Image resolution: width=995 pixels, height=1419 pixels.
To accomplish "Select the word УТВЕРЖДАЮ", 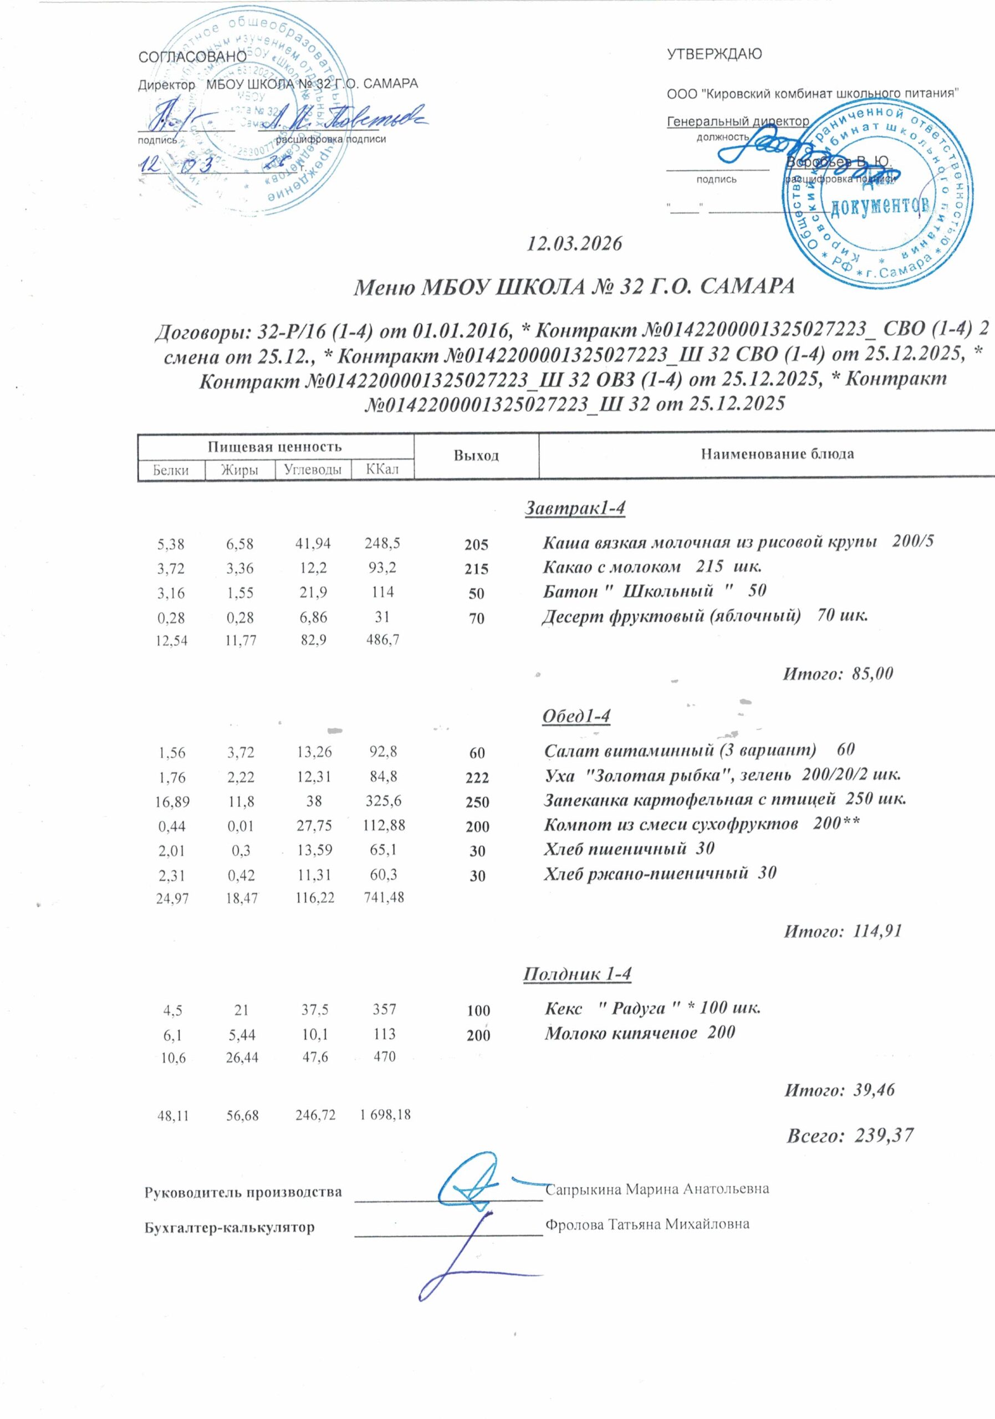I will (x=714, y=54).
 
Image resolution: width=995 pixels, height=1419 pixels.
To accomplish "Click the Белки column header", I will (x=171, y=469).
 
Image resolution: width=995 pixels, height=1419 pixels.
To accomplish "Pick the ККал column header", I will (x=382, y=469).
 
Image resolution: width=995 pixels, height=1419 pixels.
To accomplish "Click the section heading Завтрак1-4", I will (x=575, y=508).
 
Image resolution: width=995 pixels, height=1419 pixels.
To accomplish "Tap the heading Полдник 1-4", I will (x=577, y=974).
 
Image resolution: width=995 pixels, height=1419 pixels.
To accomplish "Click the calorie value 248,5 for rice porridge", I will (x=382, y=543).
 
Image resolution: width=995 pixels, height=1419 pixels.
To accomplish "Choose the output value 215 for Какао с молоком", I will (x=477, y=569).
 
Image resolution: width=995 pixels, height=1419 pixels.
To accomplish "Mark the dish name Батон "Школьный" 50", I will (x=655, y=591).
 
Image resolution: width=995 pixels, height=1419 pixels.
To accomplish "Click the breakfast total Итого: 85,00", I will (x=838, y=673).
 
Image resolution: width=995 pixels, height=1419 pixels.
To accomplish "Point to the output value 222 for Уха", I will (x=477, y=778).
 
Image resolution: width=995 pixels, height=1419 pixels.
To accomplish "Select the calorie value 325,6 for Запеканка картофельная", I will (x=383, y=801).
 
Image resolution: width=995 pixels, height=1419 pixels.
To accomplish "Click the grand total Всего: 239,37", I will (x=849, y=1135).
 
